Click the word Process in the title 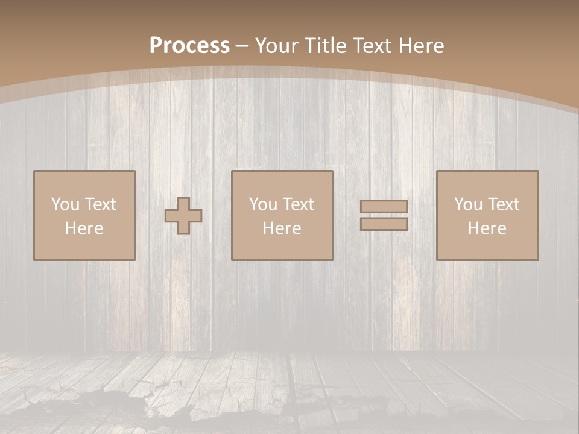click(189, 46)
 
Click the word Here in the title click(422, 46)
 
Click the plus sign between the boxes click(184, 216)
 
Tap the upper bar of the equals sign click(384, 207)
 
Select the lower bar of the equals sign click(384, 224)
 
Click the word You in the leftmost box click(65, 204)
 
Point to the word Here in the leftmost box click(84, 228)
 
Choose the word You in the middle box click(263, 204)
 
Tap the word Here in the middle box click(282, 228)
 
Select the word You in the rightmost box click(468, 204)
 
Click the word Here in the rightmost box click(487, 228)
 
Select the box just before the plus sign click(84, 247)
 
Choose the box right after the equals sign click(487, 247)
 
